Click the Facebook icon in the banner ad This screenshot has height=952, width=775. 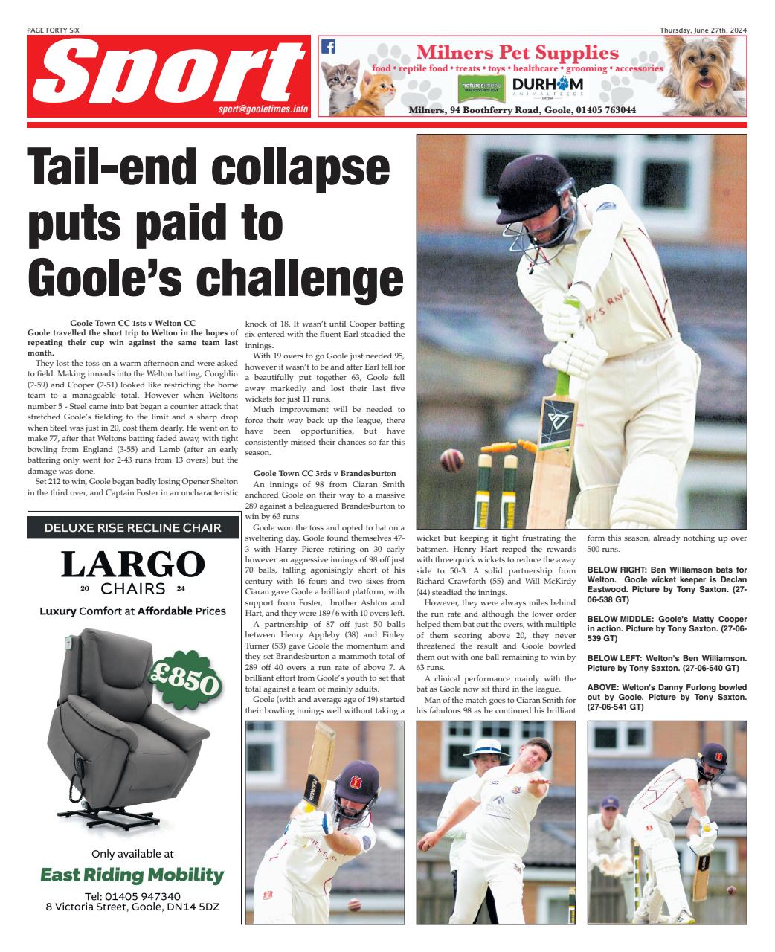click(328, 47)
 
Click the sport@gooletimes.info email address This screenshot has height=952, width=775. click(263, 109)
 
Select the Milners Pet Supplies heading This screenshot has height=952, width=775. click(517, 53)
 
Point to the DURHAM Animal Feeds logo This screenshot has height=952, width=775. click(547, 86)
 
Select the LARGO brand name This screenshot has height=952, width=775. click(132, 565)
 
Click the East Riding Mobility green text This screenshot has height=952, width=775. click(132, 875)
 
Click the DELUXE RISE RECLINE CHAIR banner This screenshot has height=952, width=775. click(132, 527)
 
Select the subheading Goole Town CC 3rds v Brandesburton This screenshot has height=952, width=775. click(324, 473)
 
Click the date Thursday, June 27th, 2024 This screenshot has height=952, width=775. click(703, 30)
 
